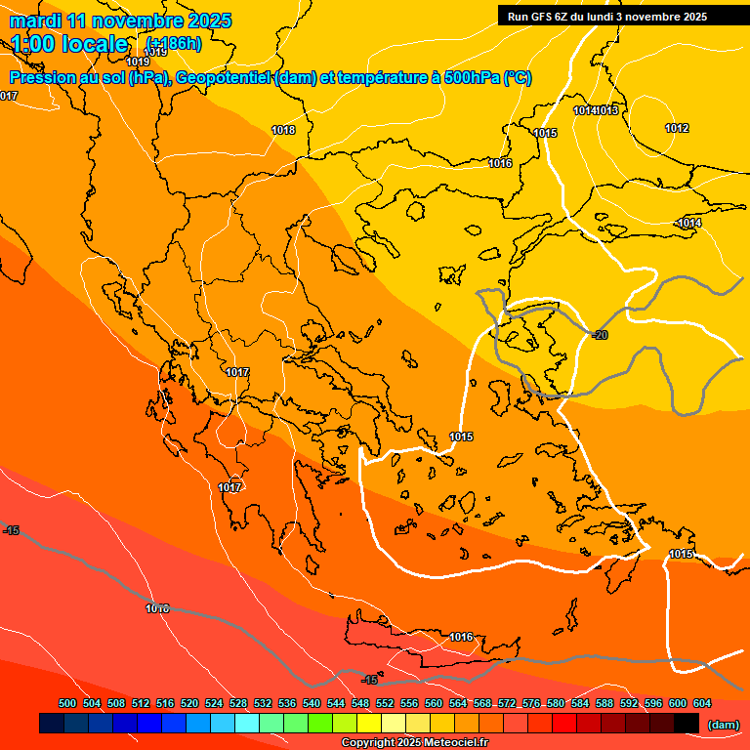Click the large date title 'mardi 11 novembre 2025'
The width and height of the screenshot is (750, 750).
tap(121, 21)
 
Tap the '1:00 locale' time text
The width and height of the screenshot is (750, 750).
tap(70, 44)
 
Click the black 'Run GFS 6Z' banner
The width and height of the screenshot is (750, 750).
tap(615, 16)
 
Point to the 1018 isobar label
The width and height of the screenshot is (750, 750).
tap(283, 130)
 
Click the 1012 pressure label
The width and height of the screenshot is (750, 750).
tap(677, 129)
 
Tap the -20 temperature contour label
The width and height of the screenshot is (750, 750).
tap(600, 335)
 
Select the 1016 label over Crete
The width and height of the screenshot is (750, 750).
tap(461, 638)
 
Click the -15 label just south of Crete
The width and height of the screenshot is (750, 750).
tap(370, 680)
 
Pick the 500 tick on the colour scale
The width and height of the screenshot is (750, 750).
tap(67, 703)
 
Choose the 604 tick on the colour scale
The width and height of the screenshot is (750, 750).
tap(702, 703)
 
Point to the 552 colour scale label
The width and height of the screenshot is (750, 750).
tap(385, 703)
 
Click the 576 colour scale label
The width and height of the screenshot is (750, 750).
tap(531, 703)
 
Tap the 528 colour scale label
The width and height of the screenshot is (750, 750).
tap(238, 703)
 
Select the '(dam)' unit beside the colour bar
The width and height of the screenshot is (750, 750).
tap(723, 724)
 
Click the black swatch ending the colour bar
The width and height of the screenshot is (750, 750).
tap(687, 723)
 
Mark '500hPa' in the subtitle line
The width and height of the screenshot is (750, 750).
tap(470, 78)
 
